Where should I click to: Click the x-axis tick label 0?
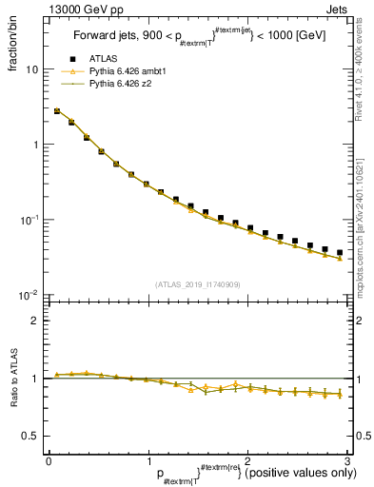49,460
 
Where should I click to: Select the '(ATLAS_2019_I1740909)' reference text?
196,284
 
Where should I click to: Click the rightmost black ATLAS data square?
340,253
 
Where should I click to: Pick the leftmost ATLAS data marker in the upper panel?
57,111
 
